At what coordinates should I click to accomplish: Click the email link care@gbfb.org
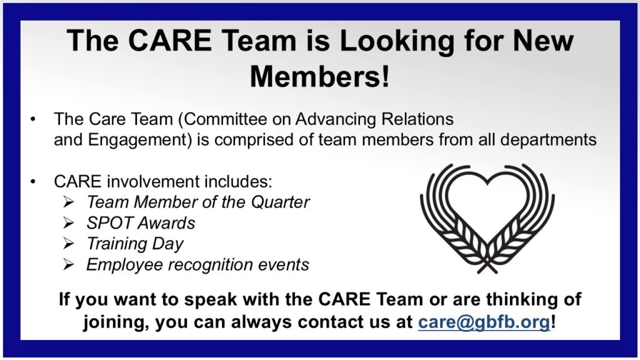pos(484,322)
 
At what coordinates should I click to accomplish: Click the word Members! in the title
pos(319,76)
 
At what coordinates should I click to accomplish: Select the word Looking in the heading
pos(396,41)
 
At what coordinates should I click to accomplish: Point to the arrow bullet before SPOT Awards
pos(69,223)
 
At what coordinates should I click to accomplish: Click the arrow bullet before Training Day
pos(69,244)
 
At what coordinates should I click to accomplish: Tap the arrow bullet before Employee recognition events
pos(69,264)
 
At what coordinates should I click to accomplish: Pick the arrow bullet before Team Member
pos(69,202)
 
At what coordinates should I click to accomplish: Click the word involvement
pos(153,182)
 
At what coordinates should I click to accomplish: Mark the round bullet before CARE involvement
pos(33,182)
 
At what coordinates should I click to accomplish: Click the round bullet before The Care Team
pos(33,119)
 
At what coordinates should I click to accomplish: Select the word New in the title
pos(543,41)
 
